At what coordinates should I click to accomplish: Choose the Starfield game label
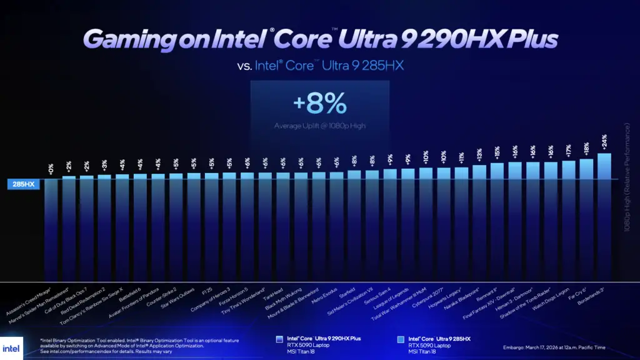(x=347, y=291)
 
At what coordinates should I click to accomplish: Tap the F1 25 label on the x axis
(x=207, y=291)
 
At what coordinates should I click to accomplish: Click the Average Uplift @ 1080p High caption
(x=319, y=126)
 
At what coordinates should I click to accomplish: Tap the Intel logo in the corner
(x=11, y=347)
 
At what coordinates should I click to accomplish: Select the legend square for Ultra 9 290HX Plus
(x=279, y=339)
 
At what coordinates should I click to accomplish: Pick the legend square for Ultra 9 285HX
(x=400, y=339)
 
